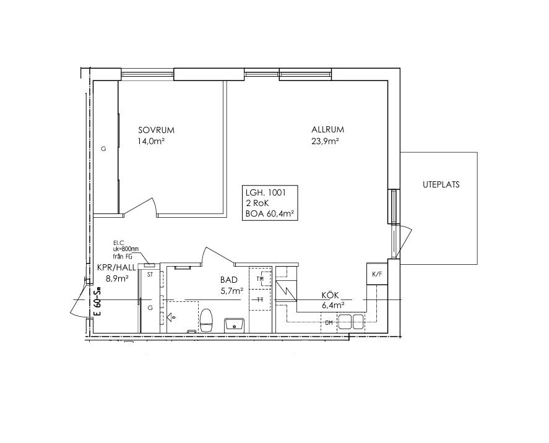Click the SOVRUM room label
(x=156, y=130)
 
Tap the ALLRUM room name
(x=327, y=129)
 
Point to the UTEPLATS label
(x=441, y=185)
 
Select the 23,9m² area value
(x=325, y=141)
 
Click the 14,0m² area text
(x=152, y=141)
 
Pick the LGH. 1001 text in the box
(x=266, y=192)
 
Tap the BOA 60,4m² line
(x=270, y=213)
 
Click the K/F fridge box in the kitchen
(x=377, y=273)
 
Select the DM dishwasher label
(x=329, y=323)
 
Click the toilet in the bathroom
(x=206, y=320)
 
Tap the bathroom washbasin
(x=235, y=324)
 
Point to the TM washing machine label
(x=260, y=279)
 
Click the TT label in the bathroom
(x=260, y=300)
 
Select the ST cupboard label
(x=150, y=275)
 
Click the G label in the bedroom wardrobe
(x=103, y=149)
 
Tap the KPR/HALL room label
(x=116, y=268)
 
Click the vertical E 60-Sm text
(x=98, y=301)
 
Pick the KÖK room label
(x=330, y=296)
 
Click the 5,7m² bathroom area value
(x=231, y=291)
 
